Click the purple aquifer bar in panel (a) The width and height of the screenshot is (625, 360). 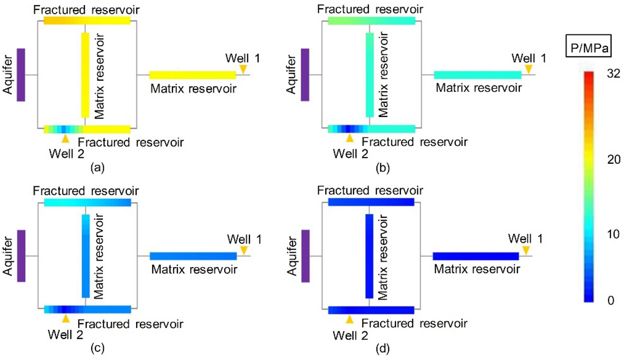[x=21, y=75]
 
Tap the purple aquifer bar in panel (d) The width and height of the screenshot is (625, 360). [x=305, y=256]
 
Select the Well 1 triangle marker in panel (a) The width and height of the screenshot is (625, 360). [x=243, y=69]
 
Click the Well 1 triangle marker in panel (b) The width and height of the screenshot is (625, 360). [x=528, y=69]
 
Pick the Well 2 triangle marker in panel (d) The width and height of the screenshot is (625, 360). [x=350, y=319]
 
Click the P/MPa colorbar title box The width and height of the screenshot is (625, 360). [x=588, y=46]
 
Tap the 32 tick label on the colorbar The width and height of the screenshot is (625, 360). [x=613, y=73]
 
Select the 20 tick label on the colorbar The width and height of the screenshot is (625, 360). [x=613, y=159]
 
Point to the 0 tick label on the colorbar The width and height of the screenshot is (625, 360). [x=610, y=300]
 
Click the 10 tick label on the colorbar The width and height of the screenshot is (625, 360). [x=613, y=234]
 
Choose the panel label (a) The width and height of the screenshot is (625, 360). [x=98, y=167]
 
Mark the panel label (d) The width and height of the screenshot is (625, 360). [x=383, y=349]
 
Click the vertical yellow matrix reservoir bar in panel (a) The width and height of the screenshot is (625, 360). [x=85, y=75]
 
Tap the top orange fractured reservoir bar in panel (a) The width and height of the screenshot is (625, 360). [x=87, y=20]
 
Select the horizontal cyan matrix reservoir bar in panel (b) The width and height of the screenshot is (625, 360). [x=478, y=75]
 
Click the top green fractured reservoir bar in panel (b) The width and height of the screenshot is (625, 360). [x=371, y=20]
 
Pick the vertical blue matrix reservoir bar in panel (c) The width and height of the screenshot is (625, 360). [x=86, y=256]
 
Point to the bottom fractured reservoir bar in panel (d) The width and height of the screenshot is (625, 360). [x=371, y=310]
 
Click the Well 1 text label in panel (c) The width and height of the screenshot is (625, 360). [x=244, y=239]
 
